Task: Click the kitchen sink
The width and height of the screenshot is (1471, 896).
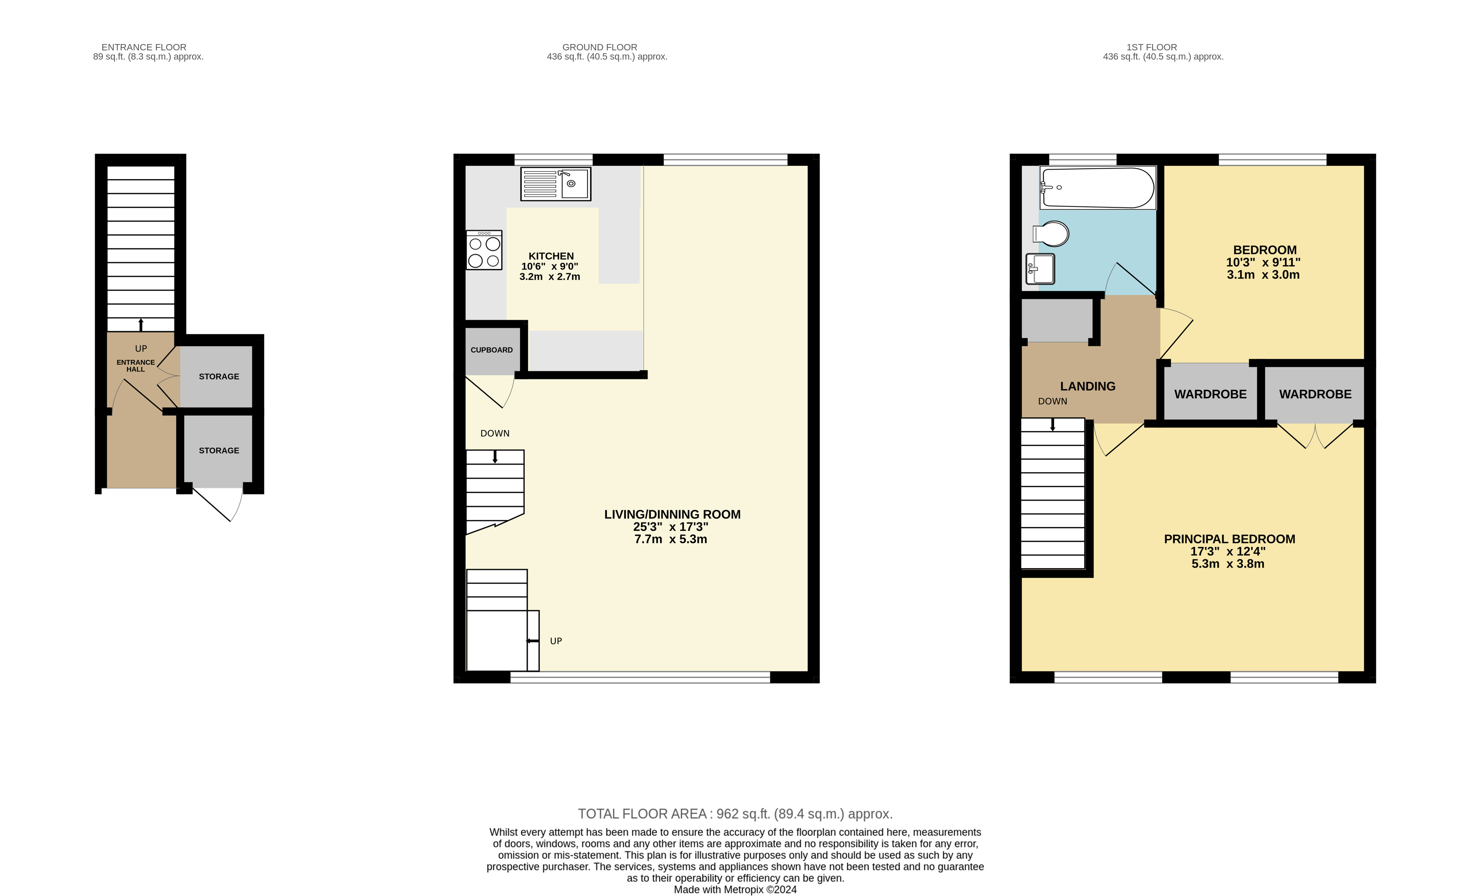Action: coord(556,183)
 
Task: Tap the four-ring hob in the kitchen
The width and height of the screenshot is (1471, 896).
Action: coord(484,250)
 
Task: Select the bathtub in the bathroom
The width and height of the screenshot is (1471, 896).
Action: coord(1098,188)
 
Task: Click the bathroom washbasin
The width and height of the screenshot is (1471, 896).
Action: coord(1040,269)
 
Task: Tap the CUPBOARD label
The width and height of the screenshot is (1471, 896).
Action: coord(491,350)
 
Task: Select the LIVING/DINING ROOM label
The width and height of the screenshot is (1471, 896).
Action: coord(672,514)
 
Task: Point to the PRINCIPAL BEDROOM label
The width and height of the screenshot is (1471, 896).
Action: coord(1230,539)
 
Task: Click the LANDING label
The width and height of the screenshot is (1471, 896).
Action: coord(1088,387)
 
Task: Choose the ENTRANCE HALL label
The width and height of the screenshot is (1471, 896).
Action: coord(135,366)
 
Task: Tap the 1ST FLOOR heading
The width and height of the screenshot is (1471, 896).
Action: coord(1152,47)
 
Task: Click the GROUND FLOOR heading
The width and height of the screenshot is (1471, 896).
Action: coord(600,47)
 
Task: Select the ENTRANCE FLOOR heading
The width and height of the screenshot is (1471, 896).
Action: coord(144,47)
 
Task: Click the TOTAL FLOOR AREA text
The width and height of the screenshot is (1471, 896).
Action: coord(735,814)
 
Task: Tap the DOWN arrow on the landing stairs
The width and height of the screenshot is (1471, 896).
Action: coord(1052,425)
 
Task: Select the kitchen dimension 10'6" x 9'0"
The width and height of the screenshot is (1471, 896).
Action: coord(550,266)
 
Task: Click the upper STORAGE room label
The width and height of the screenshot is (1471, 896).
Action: coord(219,376)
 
